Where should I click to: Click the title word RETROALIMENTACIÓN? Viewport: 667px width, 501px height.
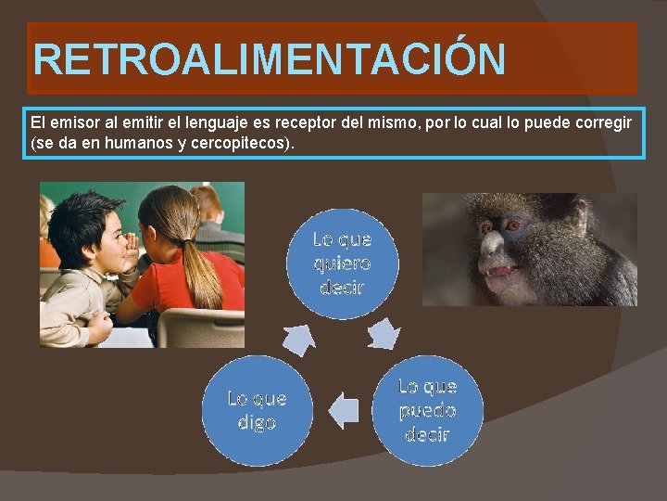click(269, 59)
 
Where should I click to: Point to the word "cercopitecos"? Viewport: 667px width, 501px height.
click(243, 144)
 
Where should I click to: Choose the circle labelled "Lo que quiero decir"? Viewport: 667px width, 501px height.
click(342, 263)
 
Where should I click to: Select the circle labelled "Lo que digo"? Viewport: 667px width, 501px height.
click(257, 410)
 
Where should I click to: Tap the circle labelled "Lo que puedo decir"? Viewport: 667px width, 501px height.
click(427, 410)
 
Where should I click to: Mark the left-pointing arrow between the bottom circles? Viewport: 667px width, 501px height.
click(344, 410)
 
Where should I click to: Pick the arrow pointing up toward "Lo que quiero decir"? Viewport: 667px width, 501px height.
click(300, 339)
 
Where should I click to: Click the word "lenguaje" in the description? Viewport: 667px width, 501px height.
click(204, 123)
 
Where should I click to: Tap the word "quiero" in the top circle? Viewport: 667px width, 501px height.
click(342, 263)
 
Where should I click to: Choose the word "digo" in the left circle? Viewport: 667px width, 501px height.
click(257, 422)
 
